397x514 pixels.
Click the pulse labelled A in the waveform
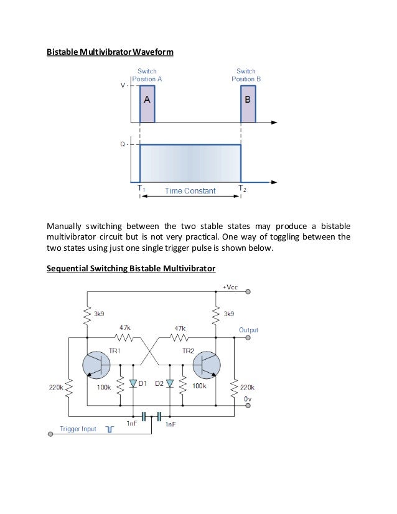click(x=147, y=103)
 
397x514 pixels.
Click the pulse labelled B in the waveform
click(x=248, y=103)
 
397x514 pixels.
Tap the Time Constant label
click(x=190, y=191)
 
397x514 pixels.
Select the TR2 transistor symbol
click(x=207, y=366)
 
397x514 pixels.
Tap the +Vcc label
click(x=231, y=287)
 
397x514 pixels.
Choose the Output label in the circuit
click(x=248, y=330)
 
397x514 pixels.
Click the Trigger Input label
click(x=78, y=429)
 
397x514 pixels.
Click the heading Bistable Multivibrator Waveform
click(x=110, y=52)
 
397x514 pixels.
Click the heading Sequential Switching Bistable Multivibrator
click(x=131, y=269)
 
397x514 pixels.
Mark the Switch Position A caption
click(x=146, y=75)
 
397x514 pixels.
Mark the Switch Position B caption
click(x=246, y=75)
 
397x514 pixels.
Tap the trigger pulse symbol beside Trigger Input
click(x=110, y=429)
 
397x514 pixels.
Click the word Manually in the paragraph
click(x=66, y=225)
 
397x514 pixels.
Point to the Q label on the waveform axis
click(x=123, y=144)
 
